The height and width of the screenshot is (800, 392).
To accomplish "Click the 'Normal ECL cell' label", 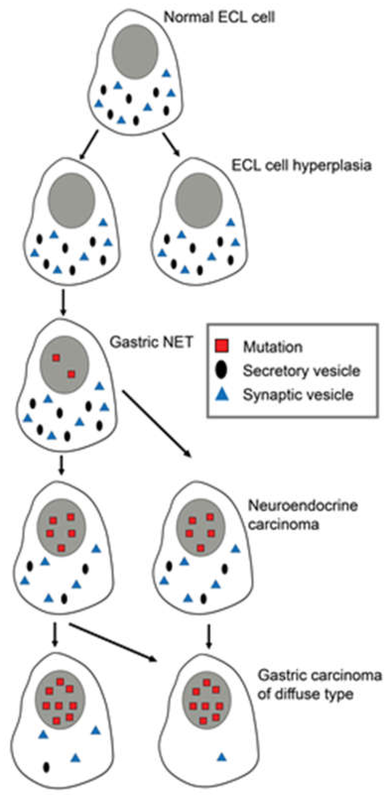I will (x=219, y=17).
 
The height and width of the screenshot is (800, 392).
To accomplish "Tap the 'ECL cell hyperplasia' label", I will (x=301, y=165).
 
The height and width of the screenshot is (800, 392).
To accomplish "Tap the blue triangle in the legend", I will (x=222, y=395).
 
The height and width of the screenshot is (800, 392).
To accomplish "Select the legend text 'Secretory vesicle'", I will (x=301, y=370).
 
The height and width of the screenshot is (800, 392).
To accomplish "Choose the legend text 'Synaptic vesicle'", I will (x=298, y=395).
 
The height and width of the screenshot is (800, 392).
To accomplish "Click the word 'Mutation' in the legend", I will (x=273, y=347).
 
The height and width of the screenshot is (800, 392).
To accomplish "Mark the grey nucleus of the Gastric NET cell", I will (x=64, y=365).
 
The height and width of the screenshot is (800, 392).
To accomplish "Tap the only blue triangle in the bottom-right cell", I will (x=221, y=757).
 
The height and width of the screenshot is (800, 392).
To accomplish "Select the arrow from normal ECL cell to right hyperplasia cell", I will (x=171, y=145).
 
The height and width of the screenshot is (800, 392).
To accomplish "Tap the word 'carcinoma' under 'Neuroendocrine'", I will (x=284, y=525).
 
